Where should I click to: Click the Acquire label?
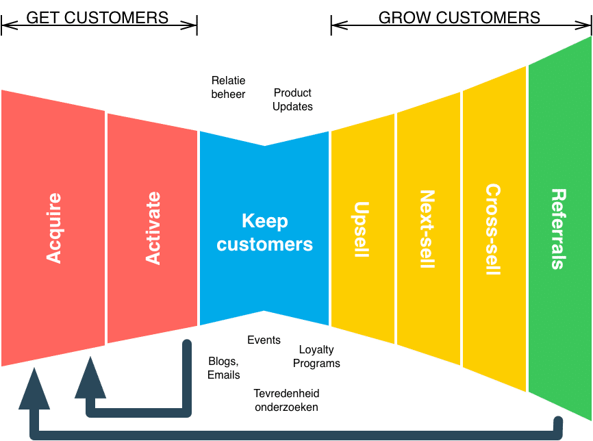(53, 228)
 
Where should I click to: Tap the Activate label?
(153, 228)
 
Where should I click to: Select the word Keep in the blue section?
(265, 221)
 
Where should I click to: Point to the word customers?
(265, 244)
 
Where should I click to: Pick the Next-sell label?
(426, 229)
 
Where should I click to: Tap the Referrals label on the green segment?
(558, 229)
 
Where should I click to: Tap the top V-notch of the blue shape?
(265, 144)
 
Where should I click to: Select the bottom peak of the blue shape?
(265, 312)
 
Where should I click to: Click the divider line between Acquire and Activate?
(106, 228)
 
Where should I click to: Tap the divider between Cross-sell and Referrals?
(527, 228)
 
